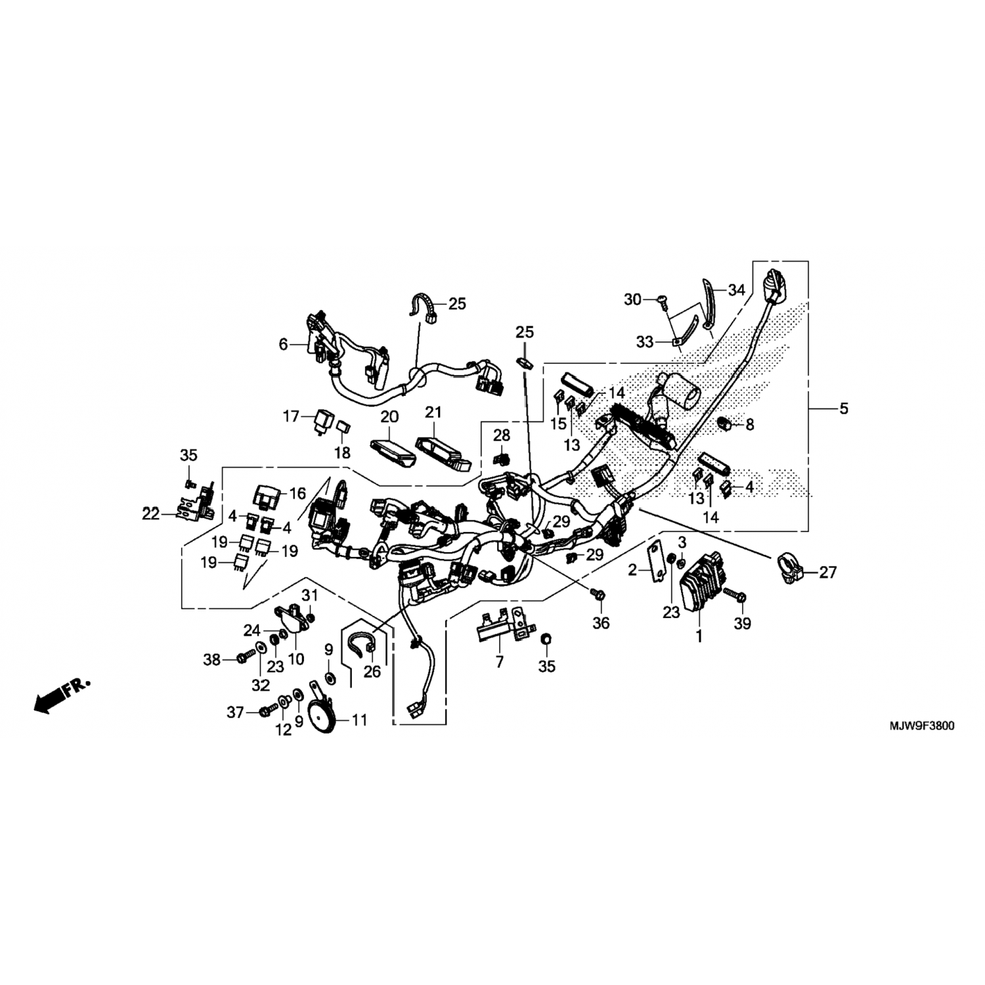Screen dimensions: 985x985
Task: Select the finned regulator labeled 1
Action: point(703,588)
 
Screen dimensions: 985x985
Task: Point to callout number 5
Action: point(843,409)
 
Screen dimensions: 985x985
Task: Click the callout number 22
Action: point(150,514)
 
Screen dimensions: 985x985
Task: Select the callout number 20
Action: point(389,416)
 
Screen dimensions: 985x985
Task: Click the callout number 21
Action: point(433,412)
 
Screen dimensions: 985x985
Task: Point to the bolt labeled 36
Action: point(600,595)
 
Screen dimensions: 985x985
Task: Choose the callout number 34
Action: point(736,290)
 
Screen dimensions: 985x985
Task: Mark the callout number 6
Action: point(283,344)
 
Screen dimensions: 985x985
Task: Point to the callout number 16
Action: point(297,493)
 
